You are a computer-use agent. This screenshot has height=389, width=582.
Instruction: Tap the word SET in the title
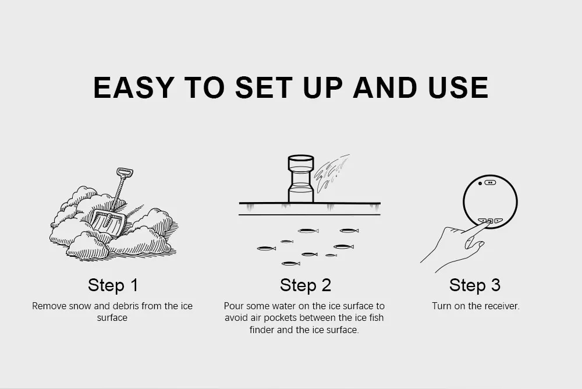263,88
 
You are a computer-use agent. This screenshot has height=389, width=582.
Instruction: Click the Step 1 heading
113,285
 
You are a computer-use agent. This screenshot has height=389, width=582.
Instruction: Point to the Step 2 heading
306,285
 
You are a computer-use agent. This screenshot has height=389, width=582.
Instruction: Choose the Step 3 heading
475,285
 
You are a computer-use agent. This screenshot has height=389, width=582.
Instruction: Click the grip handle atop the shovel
125,173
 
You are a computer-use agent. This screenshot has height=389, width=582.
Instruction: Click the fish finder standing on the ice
301,179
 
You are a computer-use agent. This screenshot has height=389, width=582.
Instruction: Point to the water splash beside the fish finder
331,171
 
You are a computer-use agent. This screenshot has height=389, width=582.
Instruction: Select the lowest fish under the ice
290,264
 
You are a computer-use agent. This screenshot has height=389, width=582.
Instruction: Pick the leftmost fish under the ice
266,248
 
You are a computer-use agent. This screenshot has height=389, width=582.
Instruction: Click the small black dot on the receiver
480,183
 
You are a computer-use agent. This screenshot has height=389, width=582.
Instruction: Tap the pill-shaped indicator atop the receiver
490,182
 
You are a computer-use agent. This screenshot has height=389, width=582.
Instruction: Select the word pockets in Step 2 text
279,318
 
